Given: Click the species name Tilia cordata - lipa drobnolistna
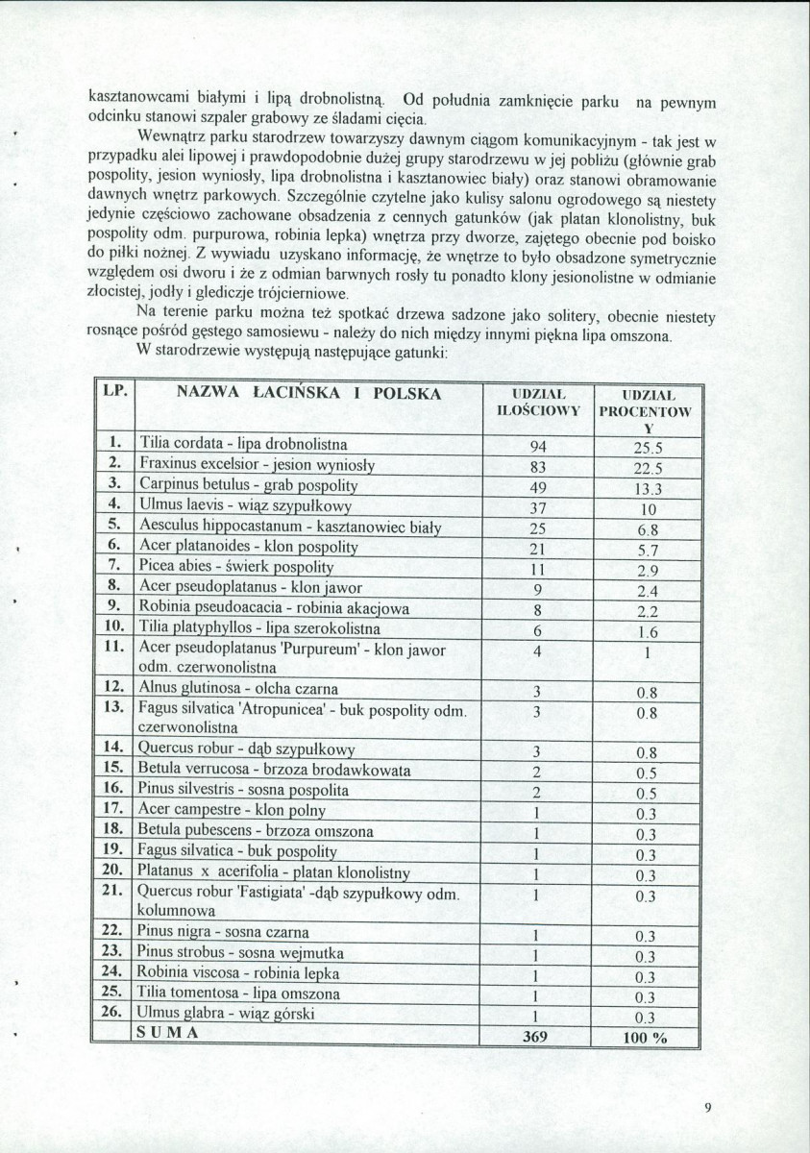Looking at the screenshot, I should [244, 444].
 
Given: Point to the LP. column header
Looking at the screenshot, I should [114, 393].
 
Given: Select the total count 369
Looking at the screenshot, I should [535, 1037].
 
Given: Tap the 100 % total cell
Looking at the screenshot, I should [645, 1038].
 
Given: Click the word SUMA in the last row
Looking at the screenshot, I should [168, 1033].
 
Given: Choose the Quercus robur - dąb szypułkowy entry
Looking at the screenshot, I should [247, 749].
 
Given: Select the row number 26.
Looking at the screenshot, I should [113, 1013].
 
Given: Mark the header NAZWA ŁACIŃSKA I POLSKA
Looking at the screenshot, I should [308, 393].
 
